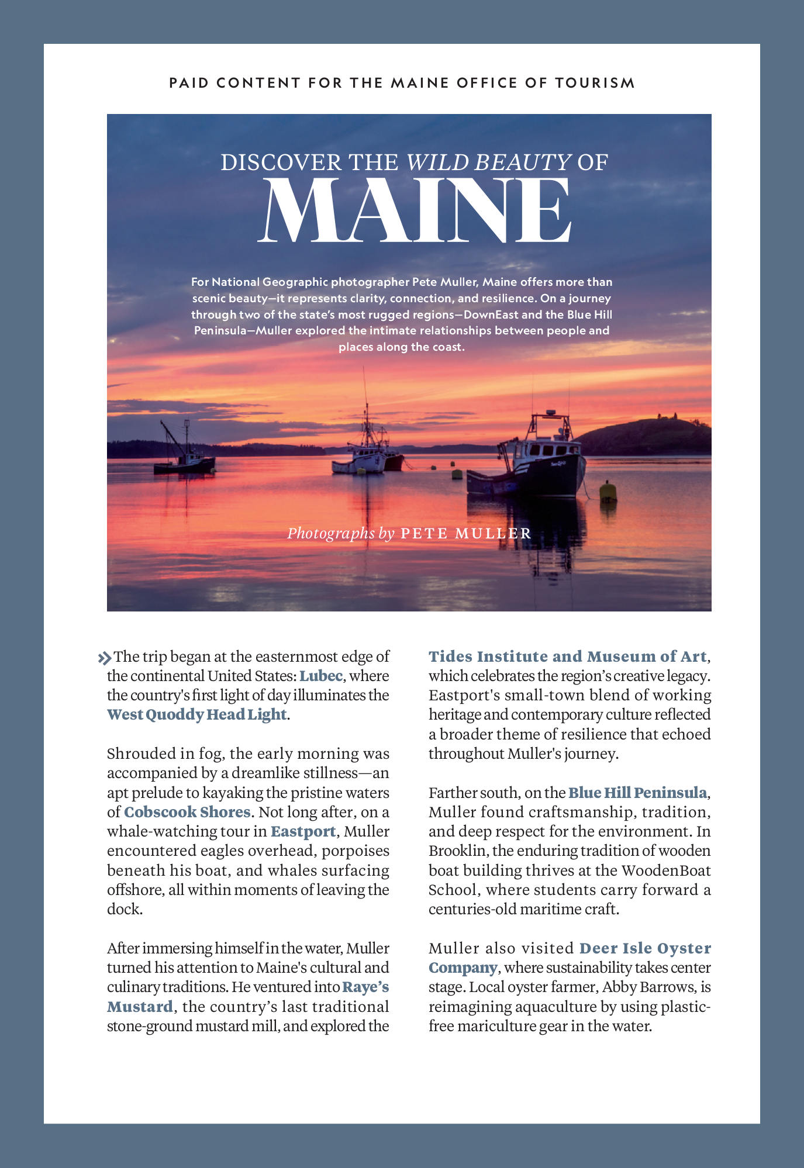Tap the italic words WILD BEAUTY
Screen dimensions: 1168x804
pos(489,162)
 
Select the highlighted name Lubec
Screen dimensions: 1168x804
pos(320,676)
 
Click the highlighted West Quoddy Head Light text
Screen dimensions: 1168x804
pos(197,714)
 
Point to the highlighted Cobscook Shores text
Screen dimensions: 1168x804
pos(187,812)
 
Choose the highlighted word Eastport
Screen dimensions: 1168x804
pos(303,831)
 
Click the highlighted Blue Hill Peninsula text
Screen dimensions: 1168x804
pos(637,793)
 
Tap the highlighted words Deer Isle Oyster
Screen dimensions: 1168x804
pos(645,948)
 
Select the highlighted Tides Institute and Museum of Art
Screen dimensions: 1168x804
pos(567,656)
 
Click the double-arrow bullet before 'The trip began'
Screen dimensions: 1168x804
pos(104,658)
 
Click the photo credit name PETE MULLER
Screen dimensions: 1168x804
pos(466,533)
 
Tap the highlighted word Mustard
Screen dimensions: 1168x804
pos(140,1007)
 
